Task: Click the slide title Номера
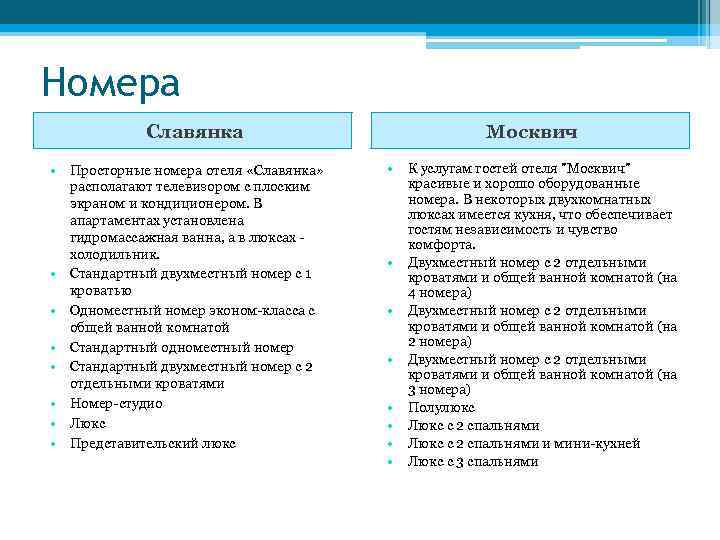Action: [x=111, y=82]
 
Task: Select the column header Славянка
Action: [x=195, y=131]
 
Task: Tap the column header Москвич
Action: [x=531, y=131]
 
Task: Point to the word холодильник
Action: [x=114, y=256]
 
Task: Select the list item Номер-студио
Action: [x=116, y=403]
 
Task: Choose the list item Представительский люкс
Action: [x=152, y=442]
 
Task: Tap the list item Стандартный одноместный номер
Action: [x=181, y=347]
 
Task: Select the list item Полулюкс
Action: [x=441, y=407]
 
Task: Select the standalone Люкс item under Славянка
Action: [x=87, y=423]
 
